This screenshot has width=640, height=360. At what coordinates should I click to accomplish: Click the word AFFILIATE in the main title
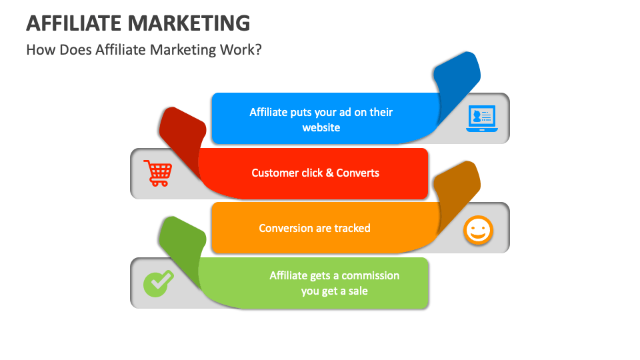pyautogui.click(x=74, y=23)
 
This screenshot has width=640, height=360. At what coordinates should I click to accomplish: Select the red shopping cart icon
pyautogui.click(x=157, y=173)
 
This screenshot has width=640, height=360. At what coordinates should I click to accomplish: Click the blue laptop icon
pyautogui.click(x=481, y=119)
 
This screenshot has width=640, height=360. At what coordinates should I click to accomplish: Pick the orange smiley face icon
pyautogui.click(x=477, y=231)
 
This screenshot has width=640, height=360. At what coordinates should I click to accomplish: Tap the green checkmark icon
pyautogui.click(x=158, y=283)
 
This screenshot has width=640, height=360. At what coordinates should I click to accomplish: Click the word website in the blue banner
pyautogui.click(x=321, y=127)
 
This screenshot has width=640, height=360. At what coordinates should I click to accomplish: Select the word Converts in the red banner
pyautogui.click(x=357, y=173)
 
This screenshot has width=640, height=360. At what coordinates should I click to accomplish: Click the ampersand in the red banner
pyautogui.click(x=329, y=173)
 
